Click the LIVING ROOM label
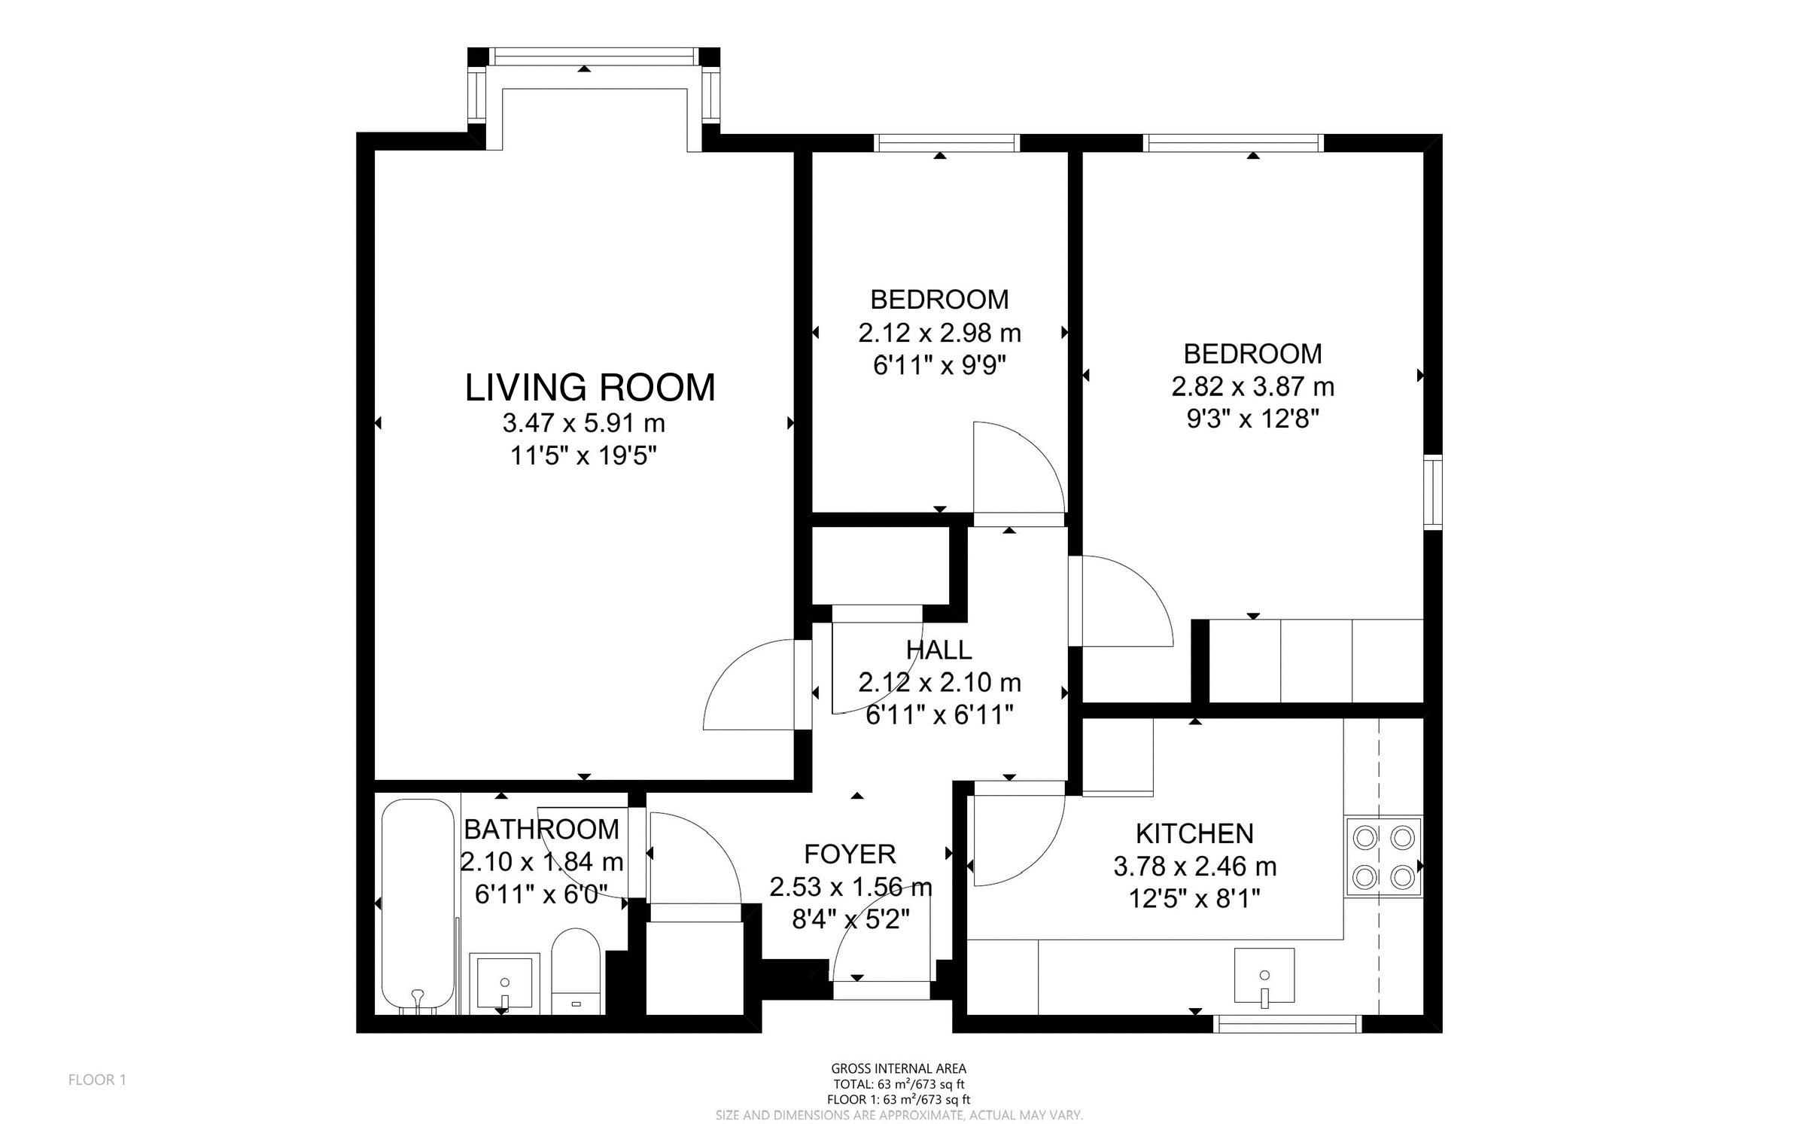point(589,388)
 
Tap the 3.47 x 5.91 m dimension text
point(583,424)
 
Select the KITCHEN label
point(1194,833)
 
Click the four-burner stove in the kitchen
point(1383,856)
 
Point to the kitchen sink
point(1264,977)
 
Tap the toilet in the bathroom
point(576,972)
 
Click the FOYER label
point(850,854)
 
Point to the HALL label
point(939,649)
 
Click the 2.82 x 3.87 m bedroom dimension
point(1252,387)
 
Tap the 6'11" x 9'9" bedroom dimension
point(939,365)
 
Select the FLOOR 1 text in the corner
point(97,1080)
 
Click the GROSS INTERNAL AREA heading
point(898,1068)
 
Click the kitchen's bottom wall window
point(1289,1023)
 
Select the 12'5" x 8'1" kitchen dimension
point(1194,899)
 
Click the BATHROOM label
point(541,829)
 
